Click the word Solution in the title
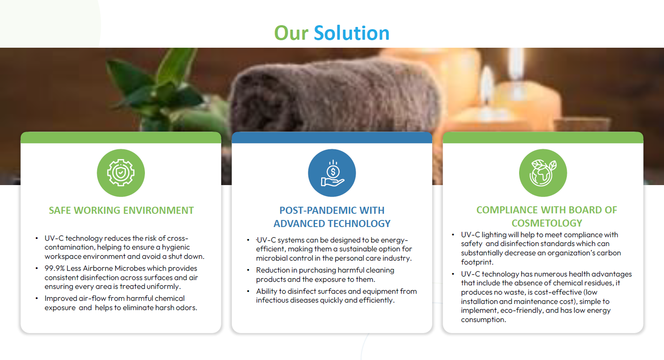point(352,33)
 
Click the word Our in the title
point(292,33)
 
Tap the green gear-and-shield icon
point(121,173)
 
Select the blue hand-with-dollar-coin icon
point(332,173)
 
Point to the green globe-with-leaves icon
point(543,173)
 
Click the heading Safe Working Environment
point(121,210)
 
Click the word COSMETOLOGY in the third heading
point(547,223)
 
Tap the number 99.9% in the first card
point(54,268)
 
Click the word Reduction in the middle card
point(273,270)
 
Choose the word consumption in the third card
point(483,320)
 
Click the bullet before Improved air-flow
point(37,298)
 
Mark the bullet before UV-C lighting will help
point(453,235)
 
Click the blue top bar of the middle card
point(332,137)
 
